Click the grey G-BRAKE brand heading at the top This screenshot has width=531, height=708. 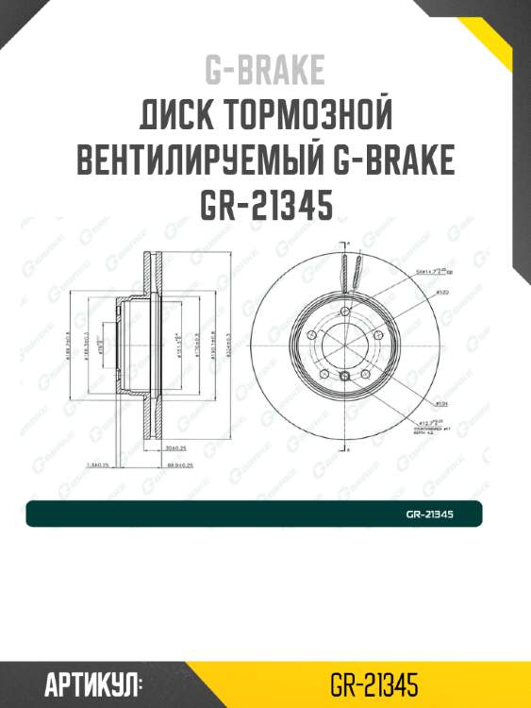pos(265,69)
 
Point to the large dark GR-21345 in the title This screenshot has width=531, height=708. pos(265,205)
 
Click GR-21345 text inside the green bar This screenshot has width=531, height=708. pos(430,514)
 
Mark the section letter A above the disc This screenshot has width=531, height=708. pos(346,244)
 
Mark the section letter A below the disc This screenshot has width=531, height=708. pos(346,452)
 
